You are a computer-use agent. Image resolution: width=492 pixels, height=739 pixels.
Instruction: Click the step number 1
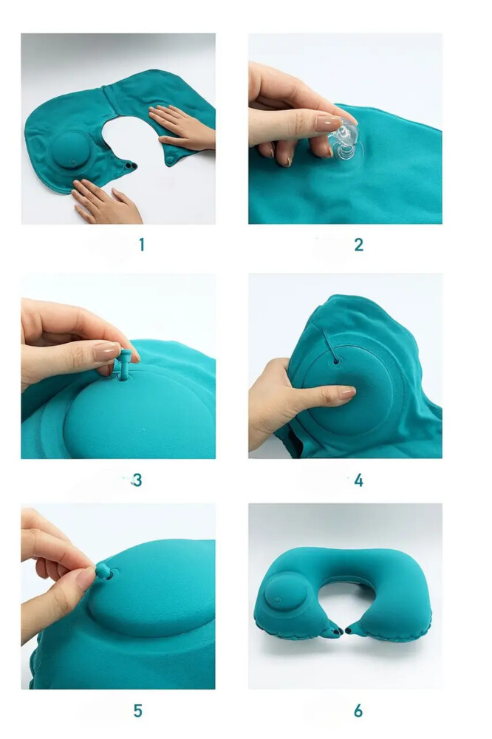(x=141, y=245)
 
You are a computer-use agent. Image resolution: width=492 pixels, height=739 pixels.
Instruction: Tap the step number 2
(x=358, y=245)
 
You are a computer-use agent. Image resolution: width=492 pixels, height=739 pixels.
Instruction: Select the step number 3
(x=137, y=480)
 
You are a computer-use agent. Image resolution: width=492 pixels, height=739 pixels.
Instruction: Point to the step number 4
(x=358, y=480)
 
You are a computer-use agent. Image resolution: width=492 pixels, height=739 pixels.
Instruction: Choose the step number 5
(x=137, y=710)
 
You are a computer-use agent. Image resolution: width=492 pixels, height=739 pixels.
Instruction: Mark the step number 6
(x=358, y=710)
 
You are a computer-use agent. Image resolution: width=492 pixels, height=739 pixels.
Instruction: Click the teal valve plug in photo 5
(x=105, y=572)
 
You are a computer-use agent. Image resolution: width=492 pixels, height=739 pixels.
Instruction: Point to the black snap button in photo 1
(x=129, y=165)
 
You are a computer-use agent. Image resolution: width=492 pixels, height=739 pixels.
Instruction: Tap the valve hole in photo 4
(x=336, y=361)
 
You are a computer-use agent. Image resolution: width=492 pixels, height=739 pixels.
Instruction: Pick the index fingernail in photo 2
(x=329, y=123)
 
